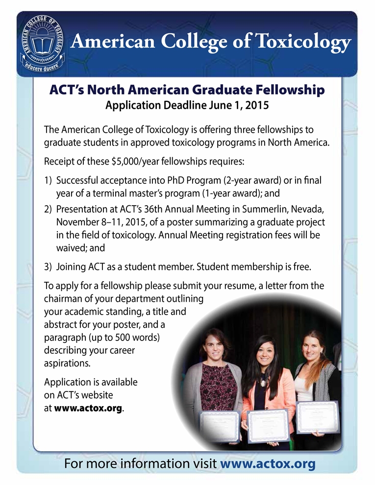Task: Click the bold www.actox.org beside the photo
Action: pyautogui.click(x=88, y=408)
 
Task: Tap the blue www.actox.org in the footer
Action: pyautogui.click(x=268, y=463)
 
